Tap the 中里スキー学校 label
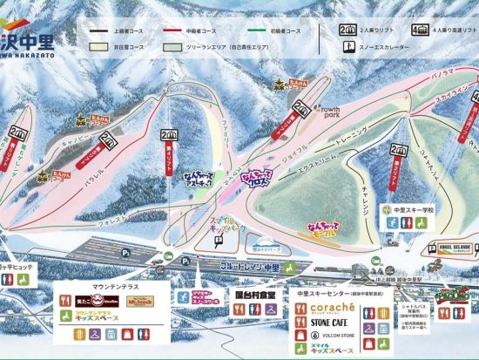pyautogui.click(x=413, y=210)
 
